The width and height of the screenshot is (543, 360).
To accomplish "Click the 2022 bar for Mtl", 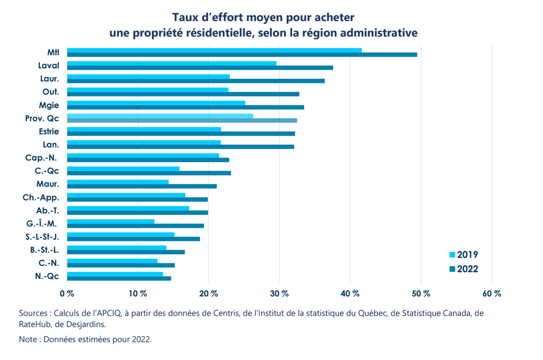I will tap(242, 54).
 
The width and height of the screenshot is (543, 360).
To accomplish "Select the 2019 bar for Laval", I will tap(172, 63).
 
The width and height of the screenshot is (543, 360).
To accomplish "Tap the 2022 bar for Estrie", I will tap(181, 133).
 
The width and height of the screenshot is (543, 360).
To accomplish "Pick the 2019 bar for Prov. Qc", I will tap(160, 116).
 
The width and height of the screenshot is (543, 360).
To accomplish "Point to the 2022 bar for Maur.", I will tap(142, 186).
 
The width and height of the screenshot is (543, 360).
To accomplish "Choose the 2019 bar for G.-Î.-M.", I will tap(111, 222).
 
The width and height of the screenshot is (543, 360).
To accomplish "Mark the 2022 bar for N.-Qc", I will tap(119, 278).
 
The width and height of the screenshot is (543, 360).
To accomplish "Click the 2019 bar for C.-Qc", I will tap(123, 168).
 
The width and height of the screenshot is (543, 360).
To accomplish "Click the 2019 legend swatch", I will tap(452, 255).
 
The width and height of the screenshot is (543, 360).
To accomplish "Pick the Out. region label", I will tap(51, 91).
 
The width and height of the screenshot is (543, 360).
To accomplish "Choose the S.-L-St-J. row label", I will tap(42, 236).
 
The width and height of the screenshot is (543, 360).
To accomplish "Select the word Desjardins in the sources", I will tap(83, 324).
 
